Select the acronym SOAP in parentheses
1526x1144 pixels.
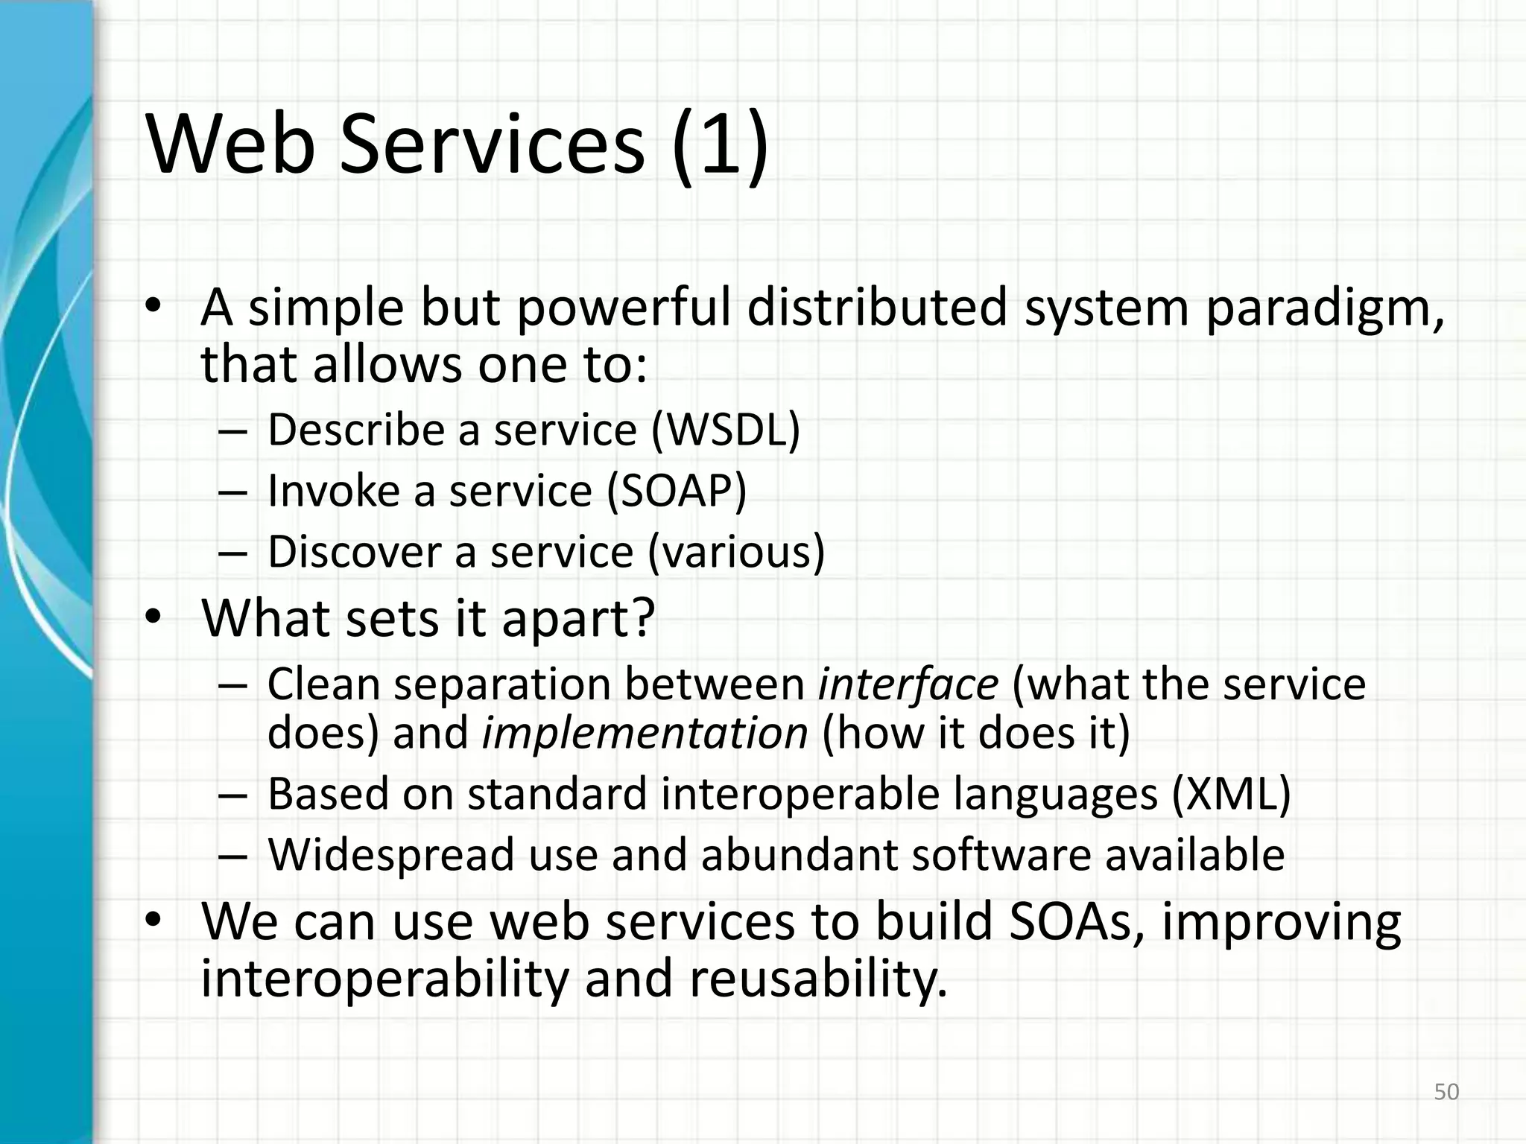coord(677,491)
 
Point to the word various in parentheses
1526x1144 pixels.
coord(736,552)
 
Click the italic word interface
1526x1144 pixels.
coord(908,684)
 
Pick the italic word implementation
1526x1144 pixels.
coord(645,733)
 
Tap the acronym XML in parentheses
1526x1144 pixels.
coord(1231,794)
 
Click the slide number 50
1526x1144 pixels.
coord(1446,1092)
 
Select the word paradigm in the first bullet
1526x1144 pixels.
coord(1324,308)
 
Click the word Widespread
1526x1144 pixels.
coord(391,854)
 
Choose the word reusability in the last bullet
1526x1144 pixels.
coord(817,979)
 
